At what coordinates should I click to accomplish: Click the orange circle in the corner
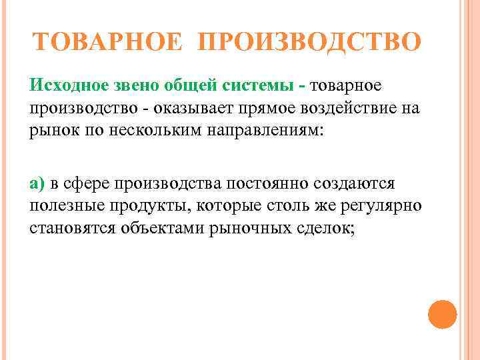442,314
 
